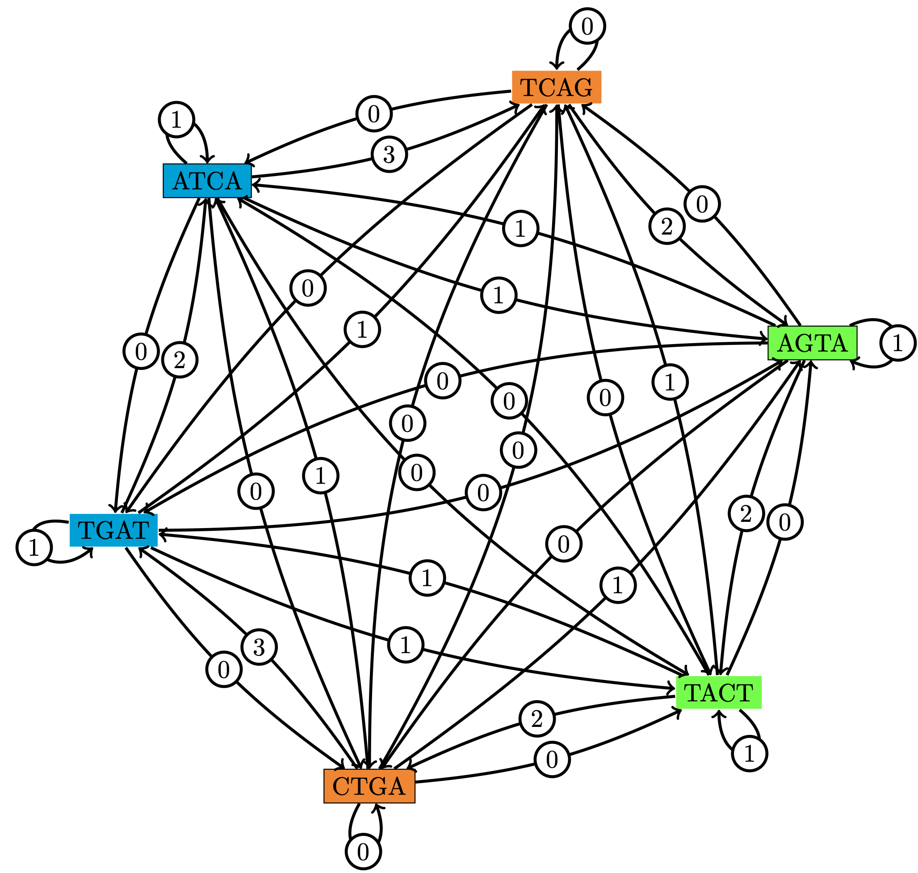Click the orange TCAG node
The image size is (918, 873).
(x=556, y=87)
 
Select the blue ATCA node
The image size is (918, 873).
(x=207, y=180)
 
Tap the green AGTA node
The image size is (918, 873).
(x=812, y=343)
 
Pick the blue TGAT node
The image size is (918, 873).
(x=113, y=529)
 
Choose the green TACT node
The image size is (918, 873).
(x=718, y=693)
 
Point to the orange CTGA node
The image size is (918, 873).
(x=369, y=786)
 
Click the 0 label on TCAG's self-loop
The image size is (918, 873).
(x=587, y=26)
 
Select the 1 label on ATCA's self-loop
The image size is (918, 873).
(x=176, y=120)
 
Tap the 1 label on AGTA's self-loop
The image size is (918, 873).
(x=897, y=343)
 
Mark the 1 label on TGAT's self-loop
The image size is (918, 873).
(x=34, y=548)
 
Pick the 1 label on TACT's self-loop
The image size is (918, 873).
(x=749, y=753)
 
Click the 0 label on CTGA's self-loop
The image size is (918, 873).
(x=363, y=852)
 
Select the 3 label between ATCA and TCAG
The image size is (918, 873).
(x=389, y=154)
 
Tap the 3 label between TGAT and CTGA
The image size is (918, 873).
(x=259, y=647)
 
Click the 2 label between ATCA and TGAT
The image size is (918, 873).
(x=180, y=360)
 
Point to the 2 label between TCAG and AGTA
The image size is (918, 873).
(x=667, y=227)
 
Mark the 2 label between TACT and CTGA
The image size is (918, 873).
(x=537, y=719)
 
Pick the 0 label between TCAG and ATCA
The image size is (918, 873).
(x=373, y=113)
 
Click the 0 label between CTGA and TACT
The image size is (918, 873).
(x=552, y=760)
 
